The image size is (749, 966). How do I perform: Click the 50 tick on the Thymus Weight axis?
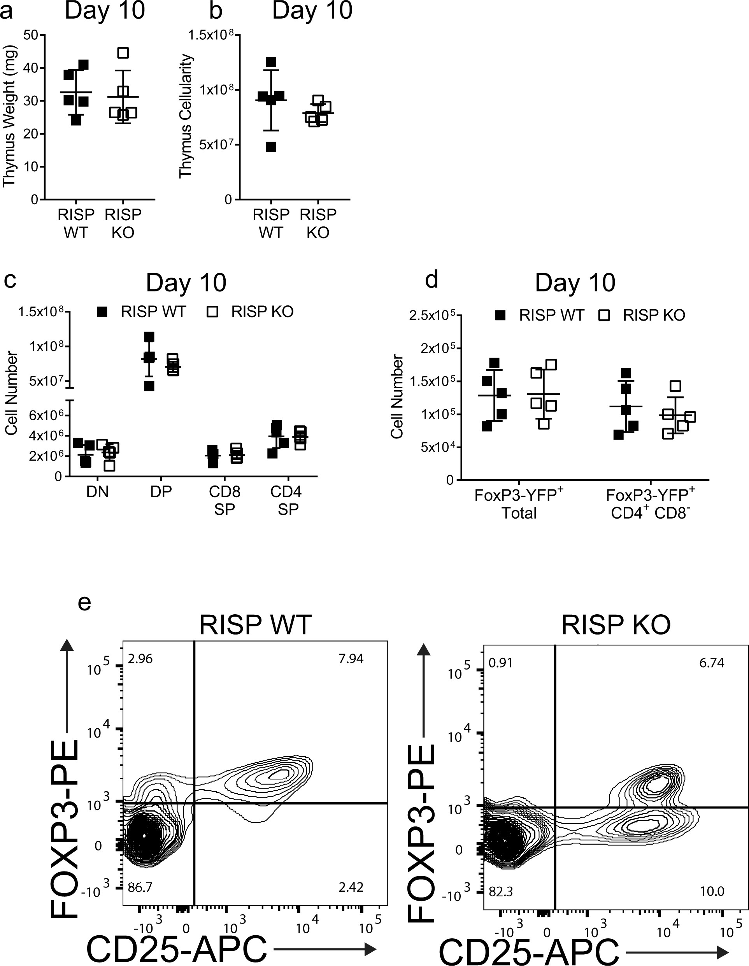coord(30,35)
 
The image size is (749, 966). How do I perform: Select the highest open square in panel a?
coord(123,53)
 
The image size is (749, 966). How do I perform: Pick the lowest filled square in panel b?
coord(271,147)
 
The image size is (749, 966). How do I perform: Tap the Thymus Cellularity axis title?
coord(186,116)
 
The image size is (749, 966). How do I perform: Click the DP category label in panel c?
coord(161,491)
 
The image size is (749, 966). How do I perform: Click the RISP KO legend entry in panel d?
coord(642,315)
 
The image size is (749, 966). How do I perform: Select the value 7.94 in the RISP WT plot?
coord(351,659)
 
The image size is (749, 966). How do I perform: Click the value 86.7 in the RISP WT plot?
coord(140,887)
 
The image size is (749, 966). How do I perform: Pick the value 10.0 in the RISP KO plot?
coord(711,891)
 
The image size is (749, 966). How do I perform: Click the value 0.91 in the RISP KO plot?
coord(500,663)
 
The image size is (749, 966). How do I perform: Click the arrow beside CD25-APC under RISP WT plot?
coord(325,948)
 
